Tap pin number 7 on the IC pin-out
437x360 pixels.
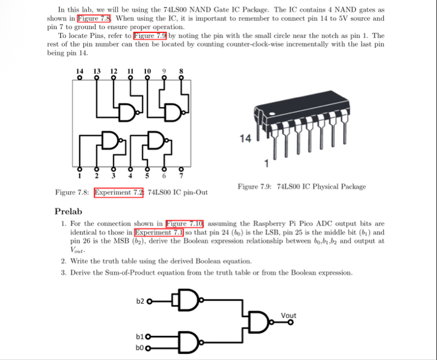tap(180, 176)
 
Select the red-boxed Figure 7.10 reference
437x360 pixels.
tap(186, 224)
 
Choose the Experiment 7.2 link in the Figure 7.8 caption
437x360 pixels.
tap(119, 192)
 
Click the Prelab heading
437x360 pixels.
tap(68, 211)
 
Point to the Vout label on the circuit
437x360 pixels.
tap(289, 315)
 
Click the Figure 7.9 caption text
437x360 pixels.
tap(302, 187)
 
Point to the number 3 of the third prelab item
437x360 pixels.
tap(64, 273)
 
